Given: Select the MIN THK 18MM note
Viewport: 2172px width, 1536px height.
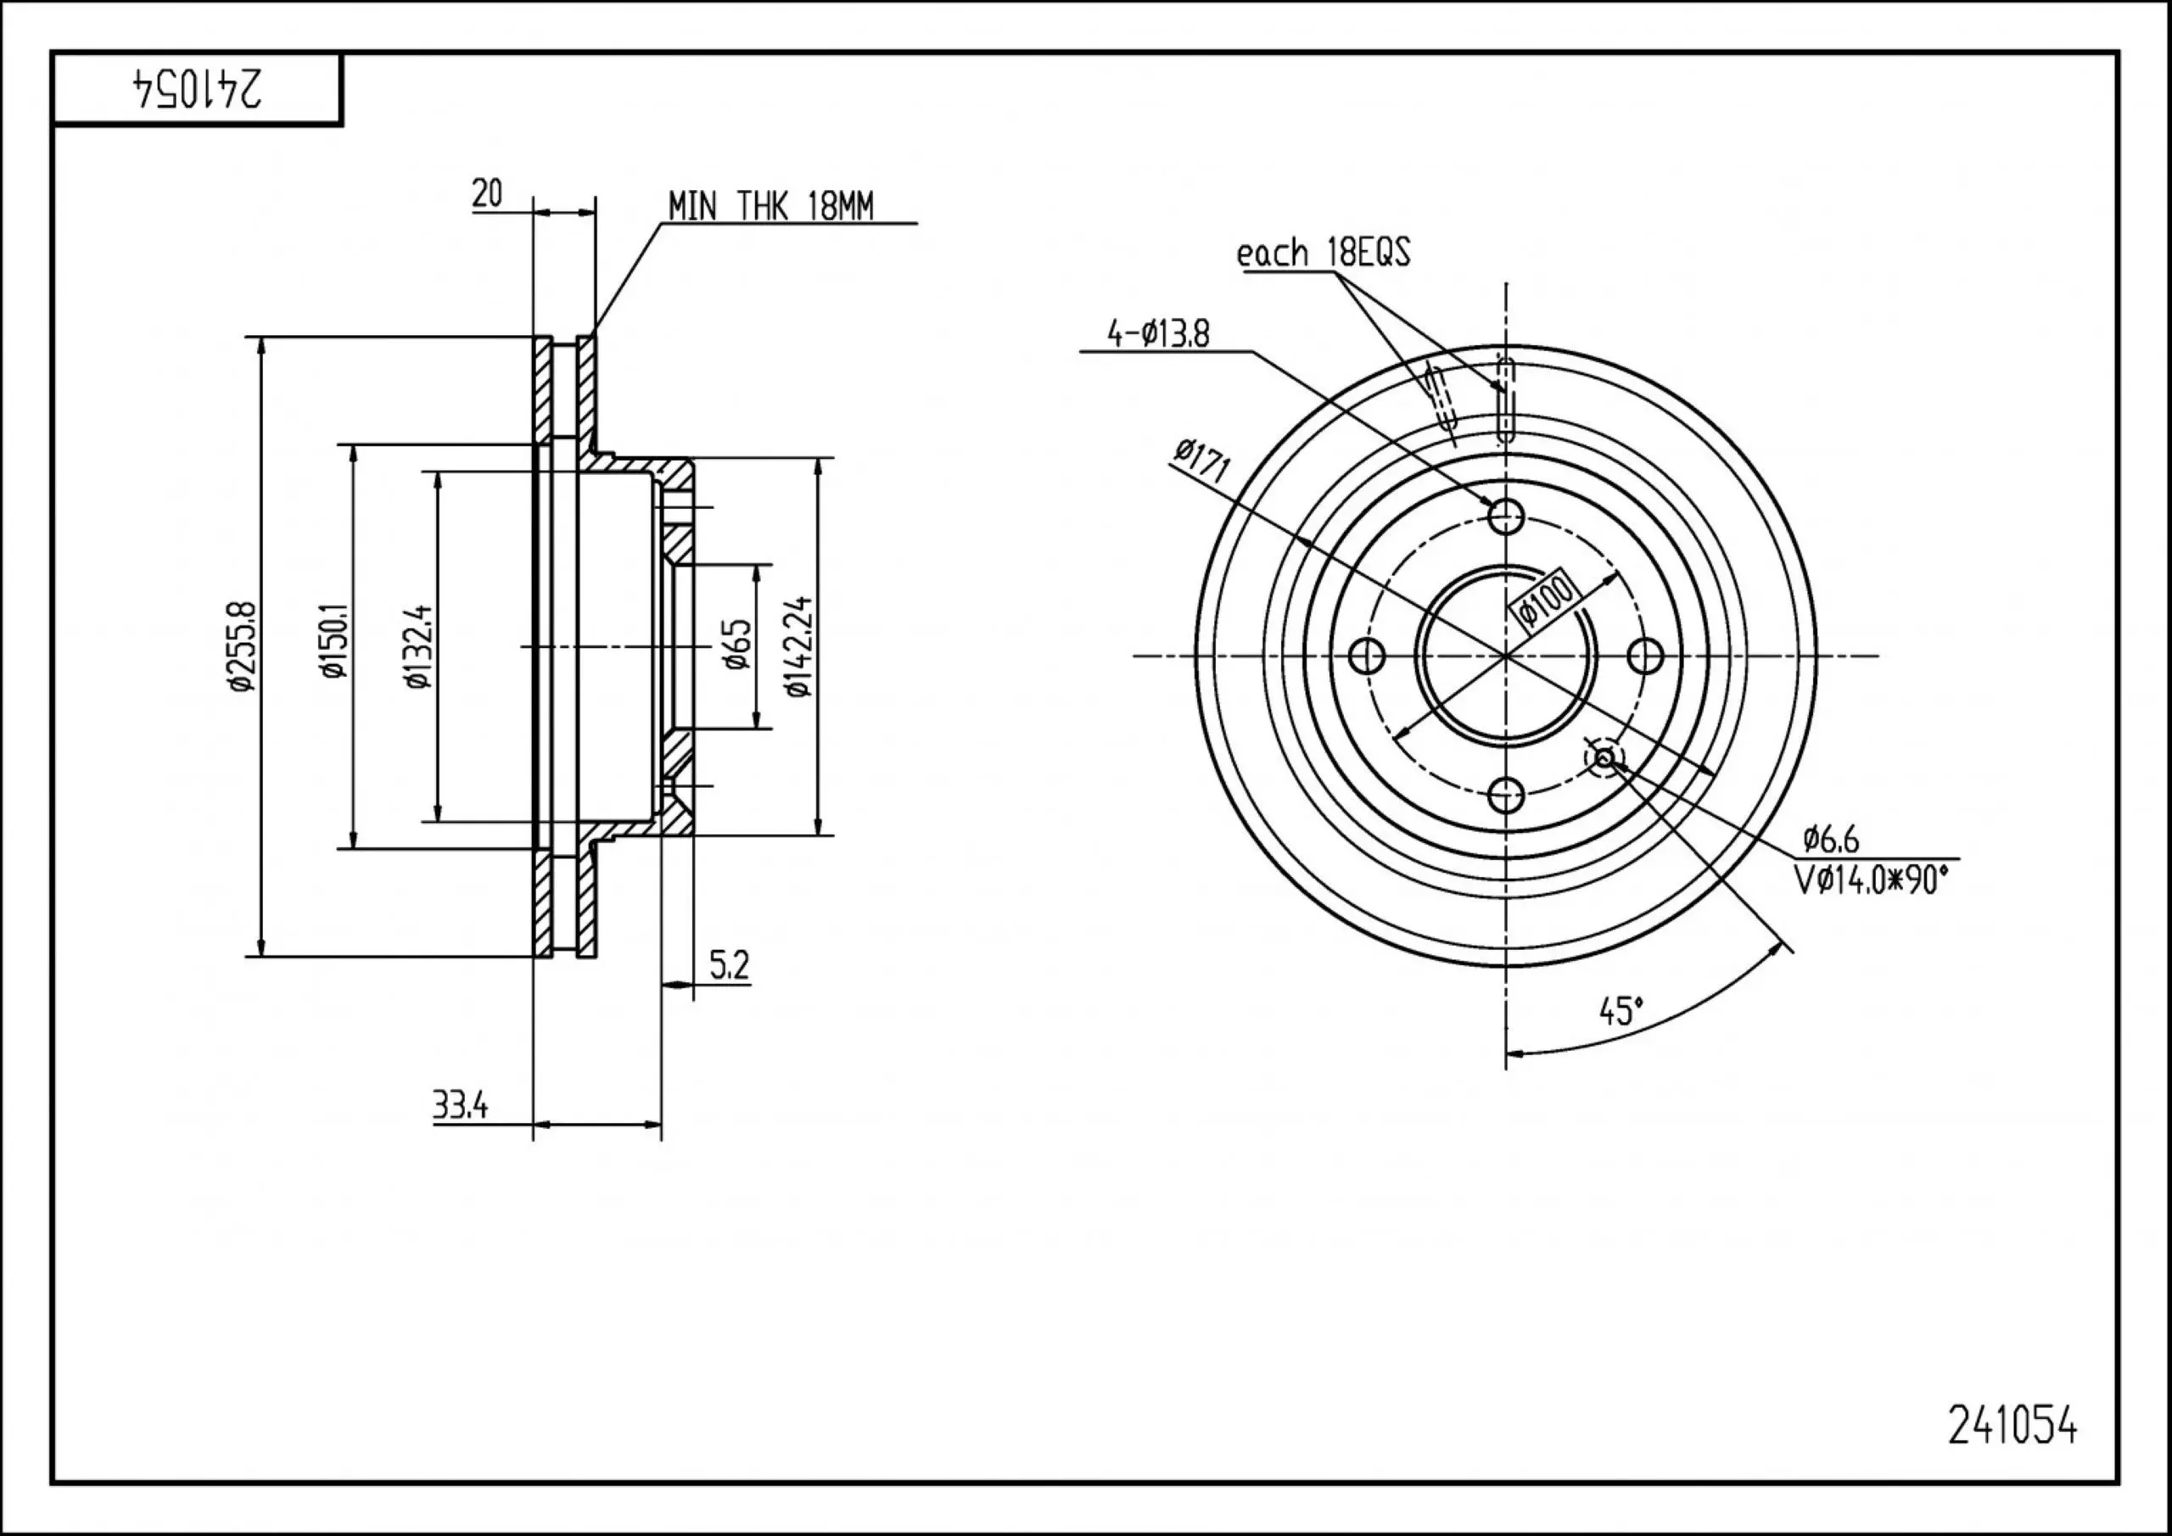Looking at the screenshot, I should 771,206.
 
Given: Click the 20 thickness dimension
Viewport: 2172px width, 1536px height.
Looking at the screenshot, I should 487,194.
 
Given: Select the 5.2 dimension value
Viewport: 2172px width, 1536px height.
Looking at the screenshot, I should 729,966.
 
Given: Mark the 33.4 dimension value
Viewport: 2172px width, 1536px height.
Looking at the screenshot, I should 461,1104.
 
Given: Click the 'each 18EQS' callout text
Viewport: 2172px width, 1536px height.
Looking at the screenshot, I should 1324,254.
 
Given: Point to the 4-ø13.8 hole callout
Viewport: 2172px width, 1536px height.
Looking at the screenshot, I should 1158,334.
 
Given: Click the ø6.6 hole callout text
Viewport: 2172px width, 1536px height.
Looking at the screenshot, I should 1830,839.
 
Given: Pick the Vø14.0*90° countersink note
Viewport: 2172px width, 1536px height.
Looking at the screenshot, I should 1873,880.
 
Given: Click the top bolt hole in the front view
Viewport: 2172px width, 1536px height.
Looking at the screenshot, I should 1505,517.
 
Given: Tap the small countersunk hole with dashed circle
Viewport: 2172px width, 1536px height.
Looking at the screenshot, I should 1604,757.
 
